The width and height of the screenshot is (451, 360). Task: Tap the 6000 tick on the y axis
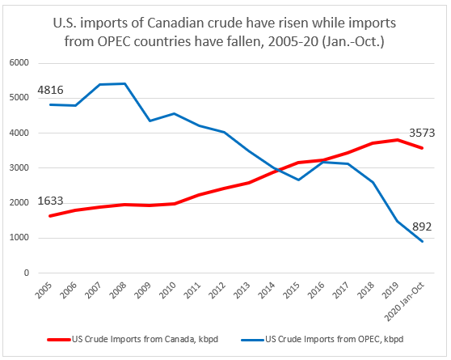pos(18,63)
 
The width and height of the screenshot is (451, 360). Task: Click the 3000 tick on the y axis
pos(18,168)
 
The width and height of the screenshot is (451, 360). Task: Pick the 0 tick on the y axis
pos(26,273)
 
